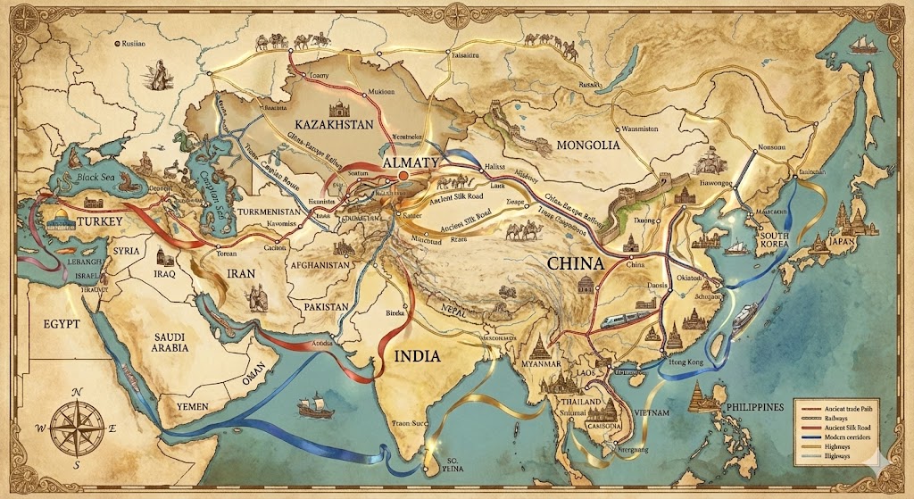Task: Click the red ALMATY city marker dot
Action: [x=403, y=178]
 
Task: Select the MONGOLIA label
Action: [x=587, y=145]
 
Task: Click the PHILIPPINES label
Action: [x=747, y=406]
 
